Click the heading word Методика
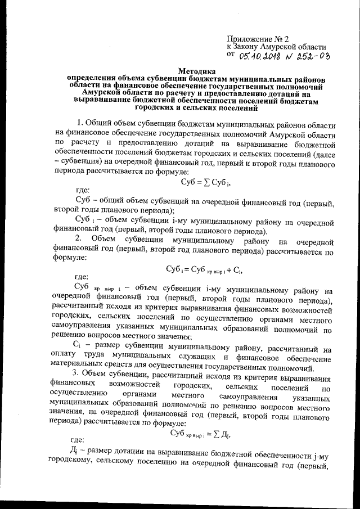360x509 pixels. click(196, 71)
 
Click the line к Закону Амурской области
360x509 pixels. click(276, 47)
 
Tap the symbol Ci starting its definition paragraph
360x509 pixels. click(79, 343)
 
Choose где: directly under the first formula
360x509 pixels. click(83, 191)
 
